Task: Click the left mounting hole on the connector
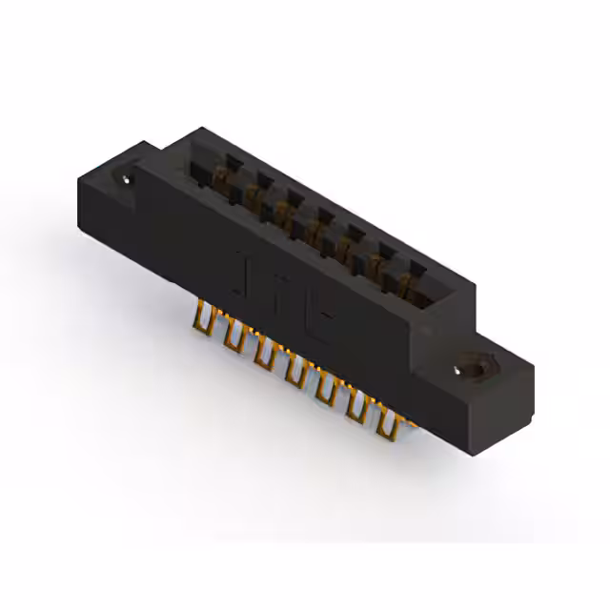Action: click(126, 177)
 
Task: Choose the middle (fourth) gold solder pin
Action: click(294, 371)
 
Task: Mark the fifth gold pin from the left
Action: click(325, 389)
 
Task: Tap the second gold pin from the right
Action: click(357, 407)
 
